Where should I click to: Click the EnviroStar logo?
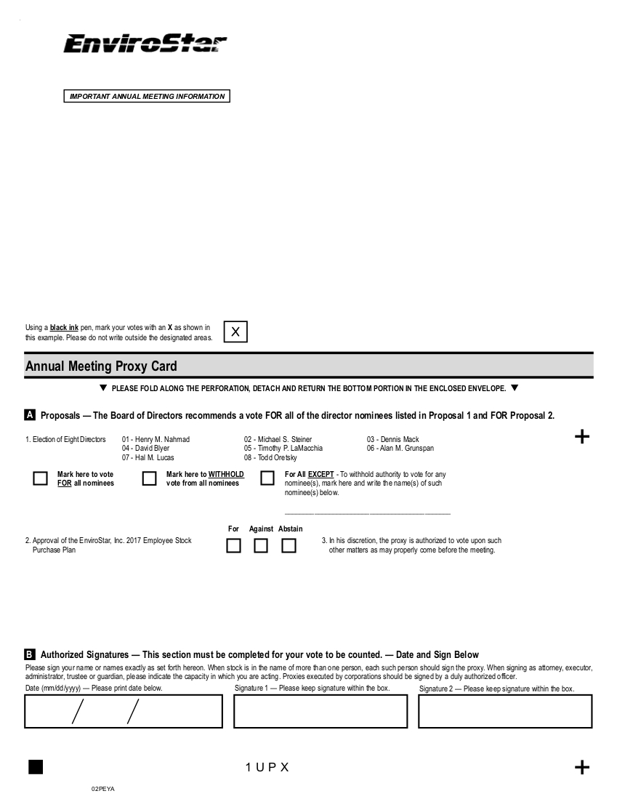click(145, 44)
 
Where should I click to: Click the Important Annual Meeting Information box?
click(147, 97)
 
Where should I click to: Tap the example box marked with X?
click(235, 332)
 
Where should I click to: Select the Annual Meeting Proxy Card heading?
click(101, 366)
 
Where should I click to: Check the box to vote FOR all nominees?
click(41, 478)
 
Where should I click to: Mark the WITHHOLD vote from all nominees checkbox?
click(150, 478)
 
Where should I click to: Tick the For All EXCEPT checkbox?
click(267, 478)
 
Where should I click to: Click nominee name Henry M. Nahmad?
click(156, 439)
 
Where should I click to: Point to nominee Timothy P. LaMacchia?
click(283, 449)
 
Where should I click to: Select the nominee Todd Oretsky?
click(270, 458)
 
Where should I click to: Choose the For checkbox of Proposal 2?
click(233, 545)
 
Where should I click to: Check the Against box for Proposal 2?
click(261, 545)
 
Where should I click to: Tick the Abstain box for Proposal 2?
click(289, 545)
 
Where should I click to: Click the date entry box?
click(124, 711)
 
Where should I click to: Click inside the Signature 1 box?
click(320, 711)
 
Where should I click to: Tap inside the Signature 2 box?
click(505, 711)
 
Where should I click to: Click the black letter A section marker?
click(31, 415)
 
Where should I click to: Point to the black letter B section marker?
click(31, 655)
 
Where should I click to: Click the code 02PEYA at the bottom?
click(103, 789)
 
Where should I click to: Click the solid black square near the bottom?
click(36, 767)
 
